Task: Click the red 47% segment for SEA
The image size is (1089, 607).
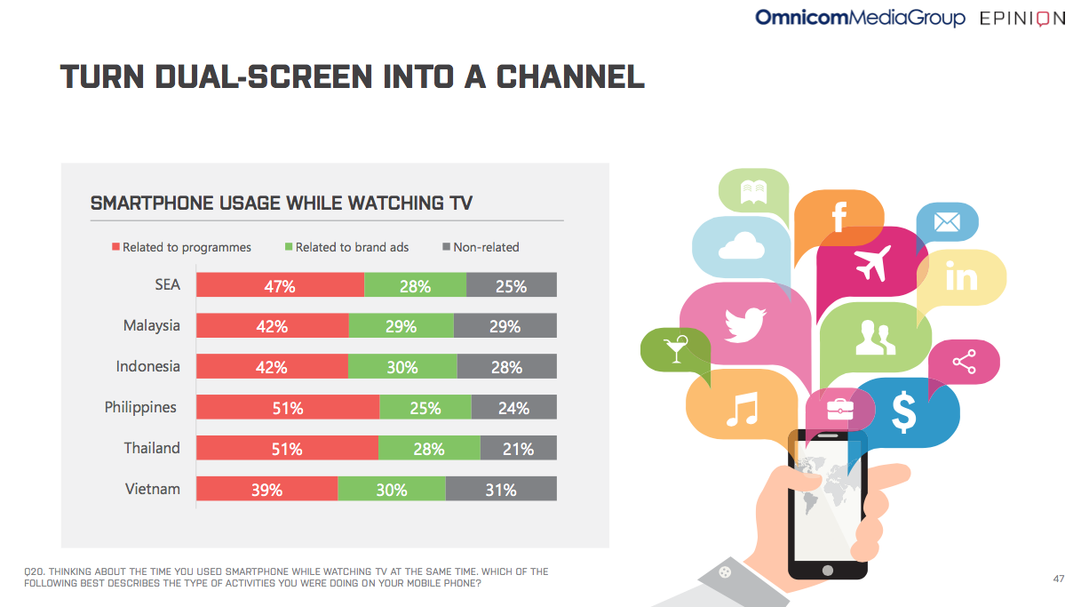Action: coord(280,285)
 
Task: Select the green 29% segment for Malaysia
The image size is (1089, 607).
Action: coord(401,326)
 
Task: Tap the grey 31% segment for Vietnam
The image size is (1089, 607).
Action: coord(501,490)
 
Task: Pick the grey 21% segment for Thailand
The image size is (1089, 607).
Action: coord(518,449)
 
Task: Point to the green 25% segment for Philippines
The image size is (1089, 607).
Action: coord(425,408)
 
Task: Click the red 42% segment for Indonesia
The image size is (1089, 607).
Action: coord(272,367)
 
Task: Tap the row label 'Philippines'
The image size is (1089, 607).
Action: coord(140,408)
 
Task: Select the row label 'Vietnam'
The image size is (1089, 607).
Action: coord(152,489)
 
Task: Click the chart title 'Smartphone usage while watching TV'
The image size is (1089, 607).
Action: coord(282,204)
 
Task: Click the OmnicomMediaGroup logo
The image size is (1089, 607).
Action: coord(859,18)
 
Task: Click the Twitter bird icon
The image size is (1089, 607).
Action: coord(744,323)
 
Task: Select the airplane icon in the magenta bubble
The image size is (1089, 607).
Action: coord(871,263)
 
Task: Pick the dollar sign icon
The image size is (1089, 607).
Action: coord(903,411)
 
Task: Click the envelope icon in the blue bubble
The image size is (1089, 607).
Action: coord(947,220)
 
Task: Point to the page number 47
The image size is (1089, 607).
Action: coord(1058,579)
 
